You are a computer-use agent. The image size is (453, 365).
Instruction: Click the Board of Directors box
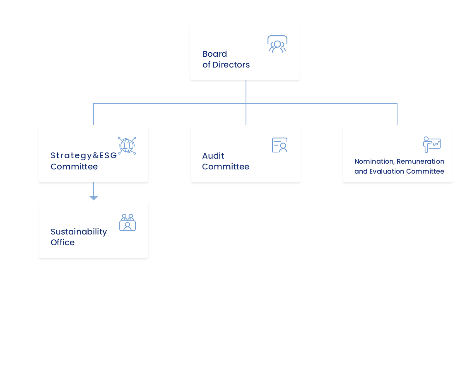coord(244,52)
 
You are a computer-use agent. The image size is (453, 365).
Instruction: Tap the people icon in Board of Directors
coord(277,44)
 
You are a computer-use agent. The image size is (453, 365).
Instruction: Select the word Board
coord(214,54)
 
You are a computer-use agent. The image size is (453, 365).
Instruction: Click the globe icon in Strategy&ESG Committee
coord(127,145)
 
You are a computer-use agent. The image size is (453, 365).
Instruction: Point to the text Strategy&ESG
coord(83,155)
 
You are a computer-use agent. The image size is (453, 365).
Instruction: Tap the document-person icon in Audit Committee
coord(280,145)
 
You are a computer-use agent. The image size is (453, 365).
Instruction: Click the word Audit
coord(213,156)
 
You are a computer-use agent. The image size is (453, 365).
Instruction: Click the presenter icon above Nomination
coord(431,145)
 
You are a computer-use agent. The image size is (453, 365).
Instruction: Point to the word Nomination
coord(374,161)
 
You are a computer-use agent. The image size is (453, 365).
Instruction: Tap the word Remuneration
coord(420,161)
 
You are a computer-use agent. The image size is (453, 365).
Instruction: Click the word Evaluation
coord(386,171)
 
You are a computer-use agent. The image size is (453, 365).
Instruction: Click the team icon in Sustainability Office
coord(128,222)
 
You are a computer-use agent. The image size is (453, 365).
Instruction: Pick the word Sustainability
coord(79,232)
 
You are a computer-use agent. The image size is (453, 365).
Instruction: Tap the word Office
coord(63,242)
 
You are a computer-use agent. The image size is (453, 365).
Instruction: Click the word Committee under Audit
coord(226,167)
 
